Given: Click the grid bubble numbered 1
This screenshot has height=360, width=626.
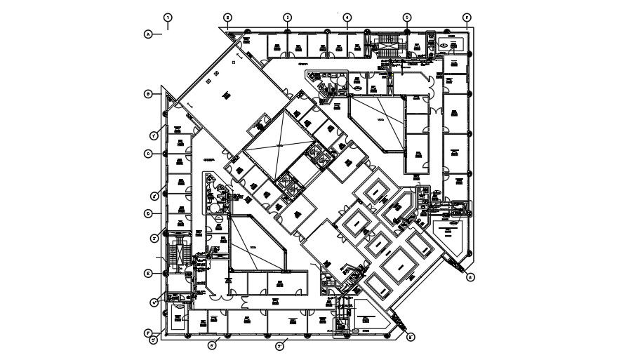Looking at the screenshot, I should coord(168,16).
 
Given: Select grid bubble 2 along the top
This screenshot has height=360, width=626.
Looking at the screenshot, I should coord(227,17).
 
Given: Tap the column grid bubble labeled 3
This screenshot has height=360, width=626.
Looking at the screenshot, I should coord(287,17).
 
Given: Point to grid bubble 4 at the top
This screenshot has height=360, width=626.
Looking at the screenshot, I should coord(347,17).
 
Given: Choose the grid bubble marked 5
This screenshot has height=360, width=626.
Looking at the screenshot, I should coord(406,17).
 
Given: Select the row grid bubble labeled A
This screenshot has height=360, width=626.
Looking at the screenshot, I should coord(148,33).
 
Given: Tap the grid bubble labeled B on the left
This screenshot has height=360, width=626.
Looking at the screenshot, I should coord(148,93).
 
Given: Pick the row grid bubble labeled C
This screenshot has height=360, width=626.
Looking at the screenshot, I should coord(148,153).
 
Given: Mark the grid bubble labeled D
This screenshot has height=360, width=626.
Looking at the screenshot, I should coord(148,213).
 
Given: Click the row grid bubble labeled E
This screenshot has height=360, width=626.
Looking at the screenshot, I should coord(148,273).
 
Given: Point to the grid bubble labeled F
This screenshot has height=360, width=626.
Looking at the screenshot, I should coord(148,333).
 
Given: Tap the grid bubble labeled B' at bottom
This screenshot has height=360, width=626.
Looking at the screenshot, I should coord(411,337).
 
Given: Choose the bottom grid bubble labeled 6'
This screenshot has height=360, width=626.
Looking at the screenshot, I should coord(211,344).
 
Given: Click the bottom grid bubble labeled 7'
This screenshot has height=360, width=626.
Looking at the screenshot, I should coord(279,345).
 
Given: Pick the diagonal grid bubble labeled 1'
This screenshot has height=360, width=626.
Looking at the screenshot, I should coord(153,135).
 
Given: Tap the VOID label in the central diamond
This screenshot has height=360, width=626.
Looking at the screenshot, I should coord(279,145).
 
